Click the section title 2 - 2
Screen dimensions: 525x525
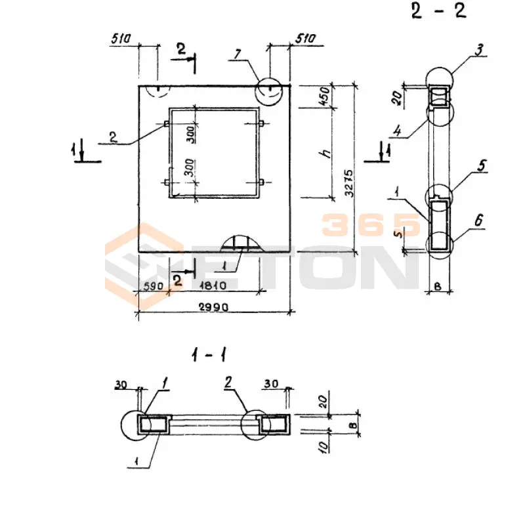click(438, 11)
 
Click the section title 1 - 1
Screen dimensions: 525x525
click(209, 355)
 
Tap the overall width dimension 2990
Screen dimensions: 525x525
click(214, 306)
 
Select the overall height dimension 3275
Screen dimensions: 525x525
click(349, 183)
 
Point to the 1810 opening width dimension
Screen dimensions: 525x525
click(213, 285)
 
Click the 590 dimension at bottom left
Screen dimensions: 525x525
click(154, 286)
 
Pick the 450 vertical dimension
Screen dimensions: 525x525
click(325, 96)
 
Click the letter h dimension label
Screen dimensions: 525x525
click(325, 154)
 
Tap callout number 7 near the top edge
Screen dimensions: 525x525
click(238, 54)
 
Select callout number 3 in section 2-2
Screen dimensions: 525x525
click(480, 50)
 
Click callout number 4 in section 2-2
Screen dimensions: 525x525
click(398, 130)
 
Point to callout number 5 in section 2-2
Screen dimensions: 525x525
click(482, 165)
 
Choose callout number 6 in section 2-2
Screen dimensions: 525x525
click(479, 220)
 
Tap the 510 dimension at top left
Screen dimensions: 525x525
click(121, 39)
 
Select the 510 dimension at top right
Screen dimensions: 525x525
click(305, 38)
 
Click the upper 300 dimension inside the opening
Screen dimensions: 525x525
click(191, 135)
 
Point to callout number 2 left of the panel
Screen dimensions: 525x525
click(113, 137)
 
